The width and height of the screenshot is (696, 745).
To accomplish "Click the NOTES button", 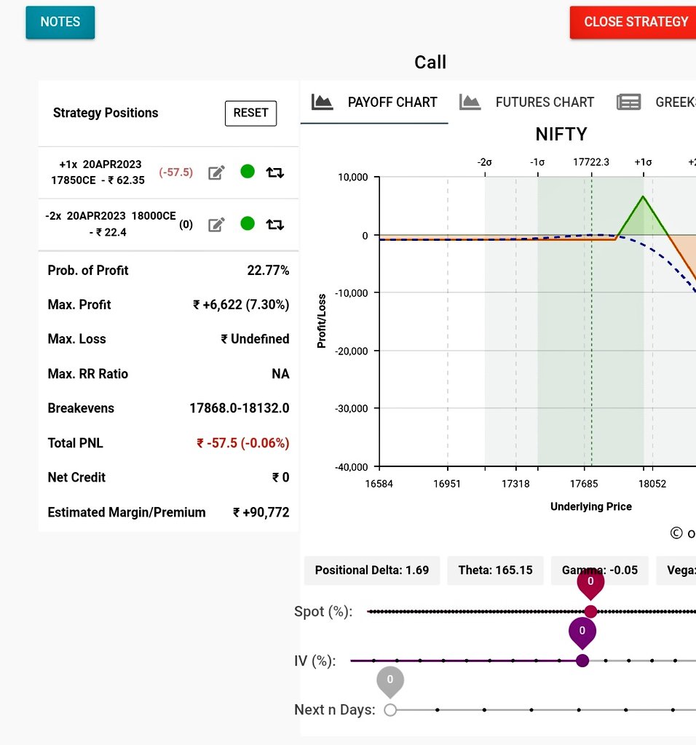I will click(60, 22).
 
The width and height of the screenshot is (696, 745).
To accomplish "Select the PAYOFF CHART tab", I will click(376, 103).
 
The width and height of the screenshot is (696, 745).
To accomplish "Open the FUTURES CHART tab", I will click(528, 103).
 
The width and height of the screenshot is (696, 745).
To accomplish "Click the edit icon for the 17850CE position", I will click(216, 172).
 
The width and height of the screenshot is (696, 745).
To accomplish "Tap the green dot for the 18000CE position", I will click(248, 223).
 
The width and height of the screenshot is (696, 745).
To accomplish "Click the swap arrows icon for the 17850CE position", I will click(274, 172).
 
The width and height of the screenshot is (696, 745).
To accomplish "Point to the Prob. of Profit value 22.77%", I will click(268, 271).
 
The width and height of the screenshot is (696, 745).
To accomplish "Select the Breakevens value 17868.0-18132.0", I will click(239, 408).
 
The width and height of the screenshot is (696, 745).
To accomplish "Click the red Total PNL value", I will click(242, 443).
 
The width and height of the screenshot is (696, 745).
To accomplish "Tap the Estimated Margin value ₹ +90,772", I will click(261, 512).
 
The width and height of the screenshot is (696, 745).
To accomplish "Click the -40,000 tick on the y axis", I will click(352, 466).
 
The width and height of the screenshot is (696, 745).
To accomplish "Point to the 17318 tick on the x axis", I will click(515, 484).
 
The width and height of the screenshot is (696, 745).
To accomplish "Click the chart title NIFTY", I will click(561, 135).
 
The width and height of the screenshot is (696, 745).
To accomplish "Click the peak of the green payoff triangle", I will click(643, 196).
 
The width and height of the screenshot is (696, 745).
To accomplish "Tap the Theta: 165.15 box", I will click(495, 570).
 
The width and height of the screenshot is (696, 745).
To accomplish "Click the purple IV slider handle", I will click(582, 661).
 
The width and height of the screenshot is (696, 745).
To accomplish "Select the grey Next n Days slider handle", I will click(390, 709).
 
